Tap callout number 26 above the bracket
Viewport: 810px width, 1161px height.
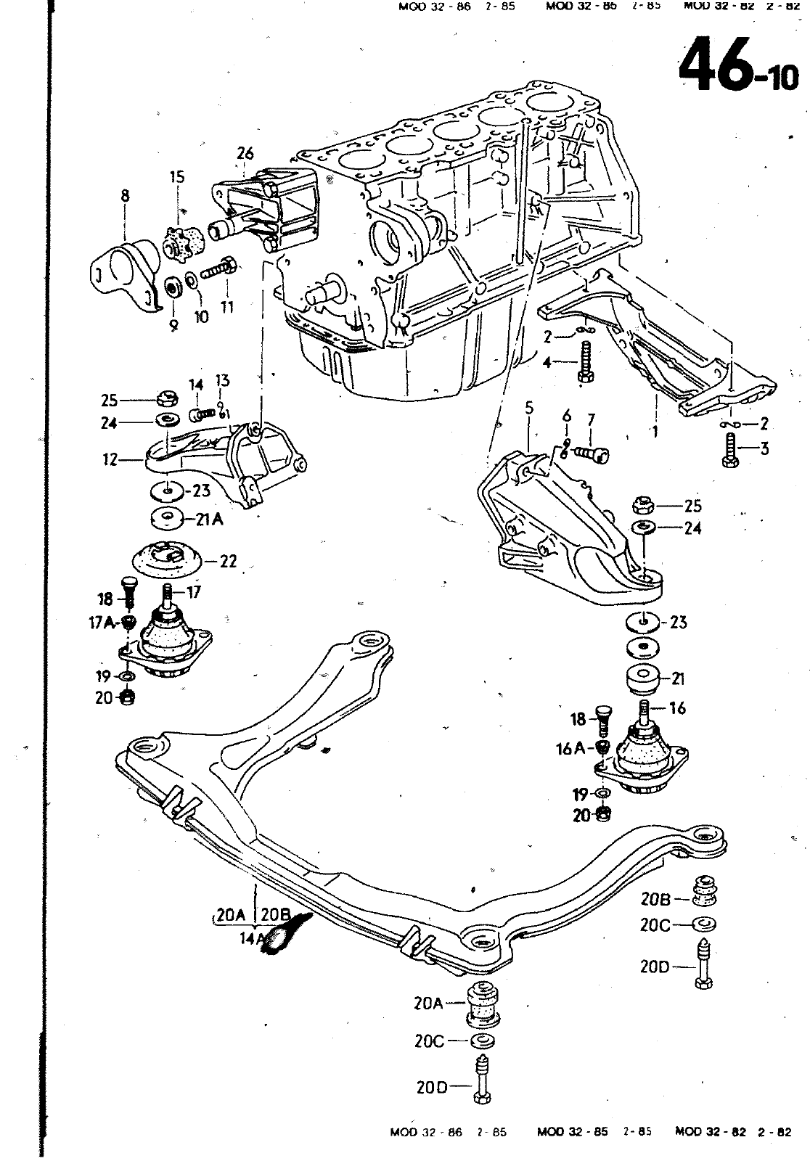pos(245,153)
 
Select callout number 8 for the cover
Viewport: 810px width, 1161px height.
pos(126,195)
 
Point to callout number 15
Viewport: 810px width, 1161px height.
pos(177,177)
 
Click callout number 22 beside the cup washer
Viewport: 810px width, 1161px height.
pos(228,561)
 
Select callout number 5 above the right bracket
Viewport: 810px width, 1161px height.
pos(529,408)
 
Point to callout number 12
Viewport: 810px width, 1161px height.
pos(110,459)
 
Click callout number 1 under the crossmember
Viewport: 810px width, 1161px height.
pos(655,432)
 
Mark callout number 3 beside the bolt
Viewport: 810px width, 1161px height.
pos(764,449)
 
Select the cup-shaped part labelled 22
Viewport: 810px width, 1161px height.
pos(165,559)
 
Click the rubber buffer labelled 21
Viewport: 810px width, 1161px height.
pos(643,680)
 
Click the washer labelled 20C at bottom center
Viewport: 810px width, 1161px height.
pos(480,1043)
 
